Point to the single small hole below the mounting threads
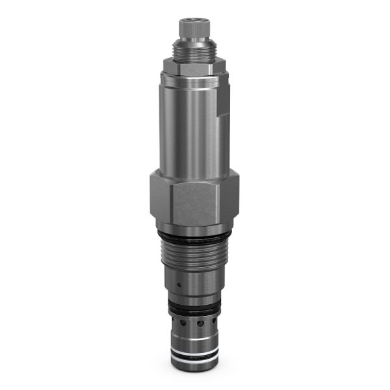178,284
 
